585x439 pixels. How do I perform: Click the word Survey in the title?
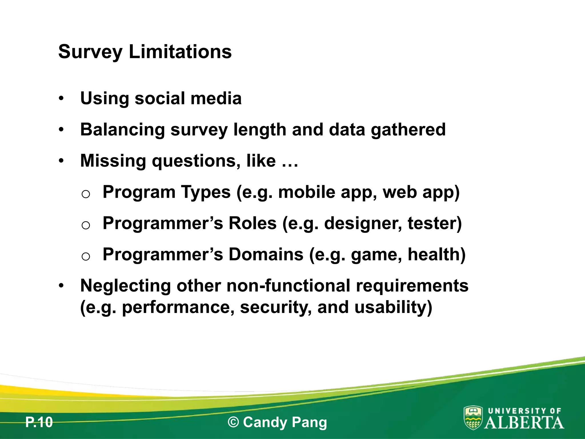[90, 52]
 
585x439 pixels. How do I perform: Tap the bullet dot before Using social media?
[61, 99]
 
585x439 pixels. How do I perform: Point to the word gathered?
[408, 130]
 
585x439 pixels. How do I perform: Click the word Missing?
[113, 161]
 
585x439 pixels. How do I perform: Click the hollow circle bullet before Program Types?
[86, 194]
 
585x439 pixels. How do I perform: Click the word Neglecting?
[126, 286]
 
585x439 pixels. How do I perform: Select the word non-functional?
[289, 286]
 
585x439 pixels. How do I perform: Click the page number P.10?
[39, 422]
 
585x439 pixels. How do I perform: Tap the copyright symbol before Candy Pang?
[233, 422]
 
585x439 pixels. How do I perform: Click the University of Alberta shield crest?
[473, 418]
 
